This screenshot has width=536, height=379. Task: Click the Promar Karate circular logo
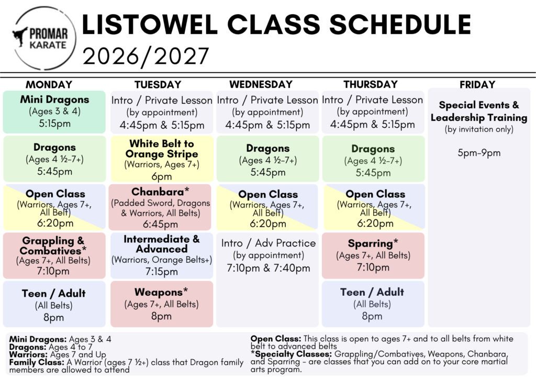(x=45, y=38)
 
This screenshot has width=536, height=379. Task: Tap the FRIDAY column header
(x=477, y=84)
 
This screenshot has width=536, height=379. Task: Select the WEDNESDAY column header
(x=261, y=84)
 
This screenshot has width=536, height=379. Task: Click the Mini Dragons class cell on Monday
(x=54, y=112)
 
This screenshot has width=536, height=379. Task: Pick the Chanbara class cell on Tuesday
(x=161, y=207)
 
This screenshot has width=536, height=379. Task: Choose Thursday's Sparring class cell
(x=373, y=255)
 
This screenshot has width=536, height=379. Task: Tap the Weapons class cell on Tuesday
(x=162, y=304)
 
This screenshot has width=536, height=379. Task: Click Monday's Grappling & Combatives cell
(x=54, y=255)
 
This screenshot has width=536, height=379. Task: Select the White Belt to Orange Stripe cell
(x=162, y=159)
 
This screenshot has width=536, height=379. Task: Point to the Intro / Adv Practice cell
(x=269, y=255)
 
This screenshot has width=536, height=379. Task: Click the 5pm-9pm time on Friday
(x=479, y=153)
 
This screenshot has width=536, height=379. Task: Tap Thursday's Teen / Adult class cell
(x=373, y=304)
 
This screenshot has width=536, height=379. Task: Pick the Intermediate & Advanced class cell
(x=162, y=255)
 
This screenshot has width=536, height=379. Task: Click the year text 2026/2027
(x=146, y=57)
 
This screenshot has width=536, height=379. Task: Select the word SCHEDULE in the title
(x=400, y=25)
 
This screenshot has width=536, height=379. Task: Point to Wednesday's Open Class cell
(x=267, y=207)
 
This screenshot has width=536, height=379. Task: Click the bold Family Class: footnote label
(x=37, y=362)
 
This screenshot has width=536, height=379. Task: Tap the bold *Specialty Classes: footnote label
(x=291, y=354)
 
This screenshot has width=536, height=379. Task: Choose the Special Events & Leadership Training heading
(x=479, y=111)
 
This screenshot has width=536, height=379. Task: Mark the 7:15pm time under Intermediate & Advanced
(x=162, y=272)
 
